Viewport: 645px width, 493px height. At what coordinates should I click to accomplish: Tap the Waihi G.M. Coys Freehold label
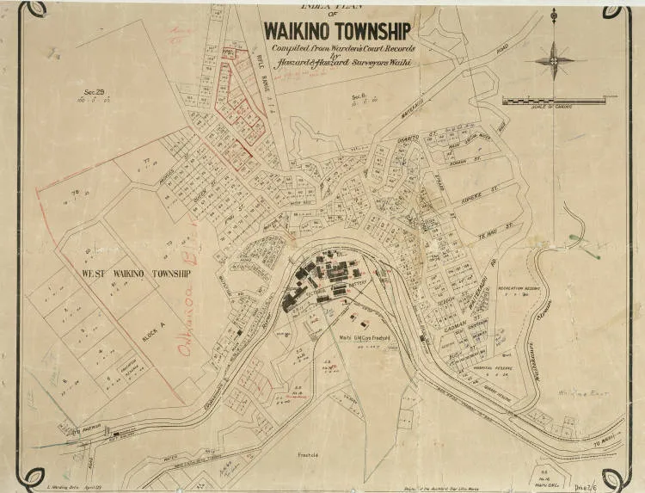click(x=365, y=337)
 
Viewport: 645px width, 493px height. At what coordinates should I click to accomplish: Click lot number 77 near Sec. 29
click(x=146, y=161)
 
